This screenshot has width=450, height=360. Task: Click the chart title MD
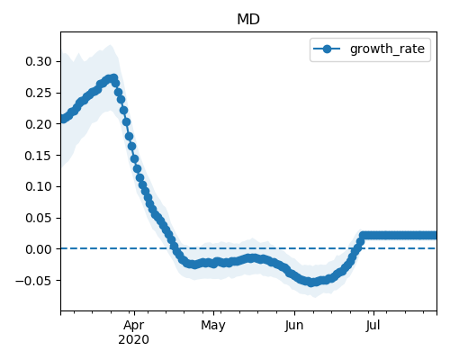(x=248, y=20)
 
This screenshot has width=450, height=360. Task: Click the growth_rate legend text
(x=387, y=49)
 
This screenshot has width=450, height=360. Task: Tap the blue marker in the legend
(x=327, y=49)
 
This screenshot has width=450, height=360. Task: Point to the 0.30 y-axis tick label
(x=39, y=61)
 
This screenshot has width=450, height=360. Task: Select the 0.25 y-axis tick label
(x=39, y=93)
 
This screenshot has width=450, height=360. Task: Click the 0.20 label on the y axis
(x=39, y=124)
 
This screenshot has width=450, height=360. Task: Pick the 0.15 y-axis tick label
(x=39, y=156)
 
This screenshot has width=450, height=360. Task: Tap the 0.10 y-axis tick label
(x=39, y=186)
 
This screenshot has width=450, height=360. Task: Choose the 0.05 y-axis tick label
(x=39, y=218)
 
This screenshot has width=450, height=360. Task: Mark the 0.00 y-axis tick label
(x=39, y=249)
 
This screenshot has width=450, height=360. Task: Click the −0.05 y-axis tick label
(x=34, y=281)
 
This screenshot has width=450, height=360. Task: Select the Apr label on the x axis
(x=134, y=326)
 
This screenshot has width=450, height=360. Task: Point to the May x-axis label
(x=213, y=326)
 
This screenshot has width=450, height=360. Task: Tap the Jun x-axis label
(x=294, y=326)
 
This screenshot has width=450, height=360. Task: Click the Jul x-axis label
(x=373, y=326)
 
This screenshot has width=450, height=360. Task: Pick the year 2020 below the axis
(x=134, y=340)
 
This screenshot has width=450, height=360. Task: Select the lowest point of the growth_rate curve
(x=311, y=283)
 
